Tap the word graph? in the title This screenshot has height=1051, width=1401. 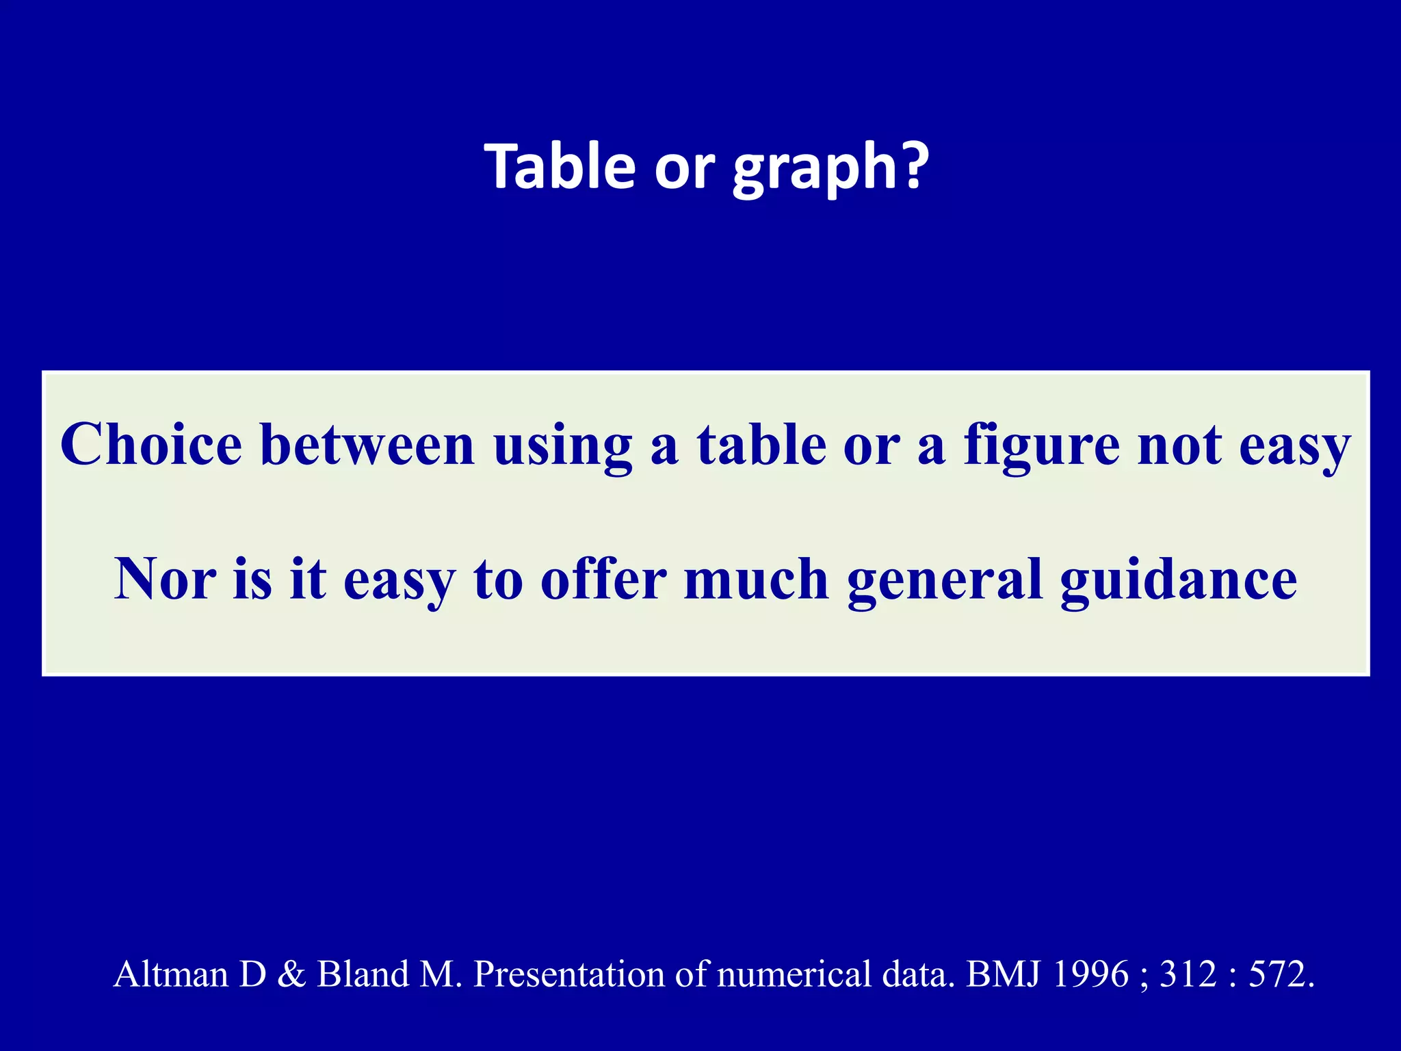[830, 167]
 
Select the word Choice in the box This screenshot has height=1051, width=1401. [151, 445]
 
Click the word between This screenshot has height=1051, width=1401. [367, 445]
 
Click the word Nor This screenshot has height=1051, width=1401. [165, 579]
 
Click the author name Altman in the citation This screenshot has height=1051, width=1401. [170, 974]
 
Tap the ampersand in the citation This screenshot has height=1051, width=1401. [291, 974]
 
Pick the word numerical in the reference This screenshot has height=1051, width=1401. [794, 974]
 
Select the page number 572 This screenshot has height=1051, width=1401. [1276, 974]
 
